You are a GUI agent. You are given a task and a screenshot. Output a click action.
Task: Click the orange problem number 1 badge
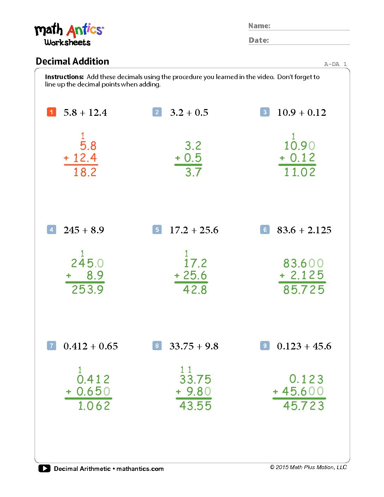pyautogui.click(x=51, y=112)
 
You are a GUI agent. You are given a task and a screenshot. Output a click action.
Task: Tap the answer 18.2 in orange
pyautogui.click(x=85, y=172)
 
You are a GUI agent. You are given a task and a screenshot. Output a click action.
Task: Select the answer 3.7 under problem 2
pyautogui.click(x=193, y=172)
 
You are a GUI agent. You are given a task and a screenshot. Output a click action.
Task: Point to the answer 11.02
pyautogui.click(x=300, y=172)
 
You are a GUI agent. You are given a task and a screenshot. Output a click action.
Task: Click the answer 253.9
pyautogui.click(x=88, y=290)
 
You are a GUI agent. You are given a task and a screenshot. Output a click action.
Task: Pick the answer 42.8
pyautogui.click(x=195, y=290)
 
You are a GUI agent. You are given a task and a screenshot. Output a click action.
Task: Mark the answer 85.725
pyautogui.click(x=304, y=290)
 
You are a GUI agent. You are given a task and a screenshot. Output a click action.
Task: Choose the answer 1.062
pyautogui.click(x=94, y=406)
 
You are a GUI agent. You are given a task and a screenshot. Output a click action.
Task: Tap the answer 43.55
pyautogui.click(x=195, y=406)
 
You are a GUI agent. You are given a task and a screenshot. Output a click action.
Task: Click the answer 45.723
pyautogui.click(x=304, y=406)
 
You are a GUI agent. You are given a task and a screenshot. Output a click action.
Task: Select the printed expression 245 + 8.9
pyautogui.click(x=84, y=230)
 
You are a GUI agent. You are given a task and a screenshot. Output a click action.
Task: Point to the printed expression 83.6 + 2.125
pyautogui.click(x=304, y=230)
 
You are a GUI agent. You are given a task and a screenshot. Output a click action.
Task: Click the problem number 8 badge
pyautogui.click(x=157, y=346)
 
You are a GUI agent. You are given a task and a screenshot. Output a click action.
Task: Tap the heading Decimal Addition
pyautogui.click(x=72, y=61)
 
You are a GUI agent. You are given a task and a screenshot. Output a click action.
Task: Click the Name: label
pyautogui.click(x=259, y=26)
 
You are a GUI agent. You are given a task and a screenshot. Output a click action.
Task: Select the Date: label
pyautogui.click(x=259, y=40)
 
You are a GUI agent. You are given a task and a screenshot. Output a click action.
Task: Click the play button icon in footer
pyautogui.click(x=44, y=468)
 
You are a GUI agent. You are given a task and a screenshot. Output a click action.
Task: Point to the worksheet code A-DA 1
pyautogui.click(x=335, y=64)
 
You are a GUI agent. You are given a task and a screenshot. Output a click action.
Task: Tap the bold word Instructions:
pyautogui.click(x=64, y=77)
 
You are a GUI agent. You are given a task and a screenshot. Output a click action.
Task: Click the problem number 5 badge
pyautogui.click(x=157, y=229)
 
